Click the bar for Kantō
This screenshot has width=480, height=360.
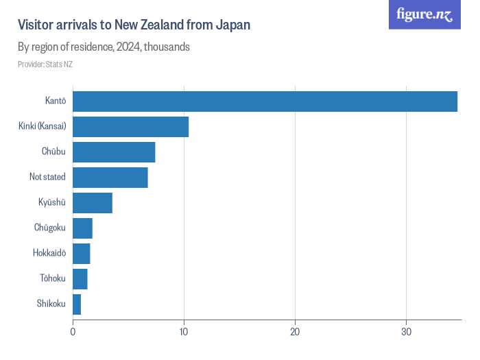click(265, 101)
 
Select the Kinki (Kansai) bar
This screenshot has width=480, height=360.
click(130, 126)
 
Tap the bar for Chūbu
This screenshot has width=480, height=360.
click(114, 152)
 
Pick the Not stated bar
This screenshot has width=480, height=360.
click(110, 177)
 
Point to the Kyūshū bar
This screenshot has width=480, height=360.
click(92, 203)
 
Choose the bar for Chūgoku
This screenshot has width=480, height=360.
click(82, 228)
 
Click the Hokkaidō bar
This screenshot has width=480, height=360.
click(81, 254)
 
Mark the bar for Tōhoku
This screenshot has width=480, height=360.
click(80, 279)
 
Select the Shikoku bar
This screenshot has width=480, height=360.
click(77, 304)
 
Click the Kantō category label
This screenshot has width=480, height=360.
click(56, 101)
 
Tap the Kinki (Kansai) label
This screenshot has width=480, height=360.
click(43, 126)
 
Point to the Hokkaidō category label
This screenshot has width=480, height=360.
click(49, 254)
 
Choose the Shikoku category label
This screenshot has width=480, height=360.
click(51, 304)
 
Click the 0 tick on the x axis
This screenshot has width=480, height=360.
click(73, 332)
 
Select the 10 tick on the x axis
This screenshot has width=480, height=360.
click(184, 332)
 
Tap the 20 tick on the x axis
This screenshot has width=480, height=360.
click(295, 332)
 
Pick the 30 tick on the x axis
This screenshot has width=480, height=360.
click(406, 332)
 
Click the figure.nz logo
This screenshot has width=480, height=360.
click(424, 14)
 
